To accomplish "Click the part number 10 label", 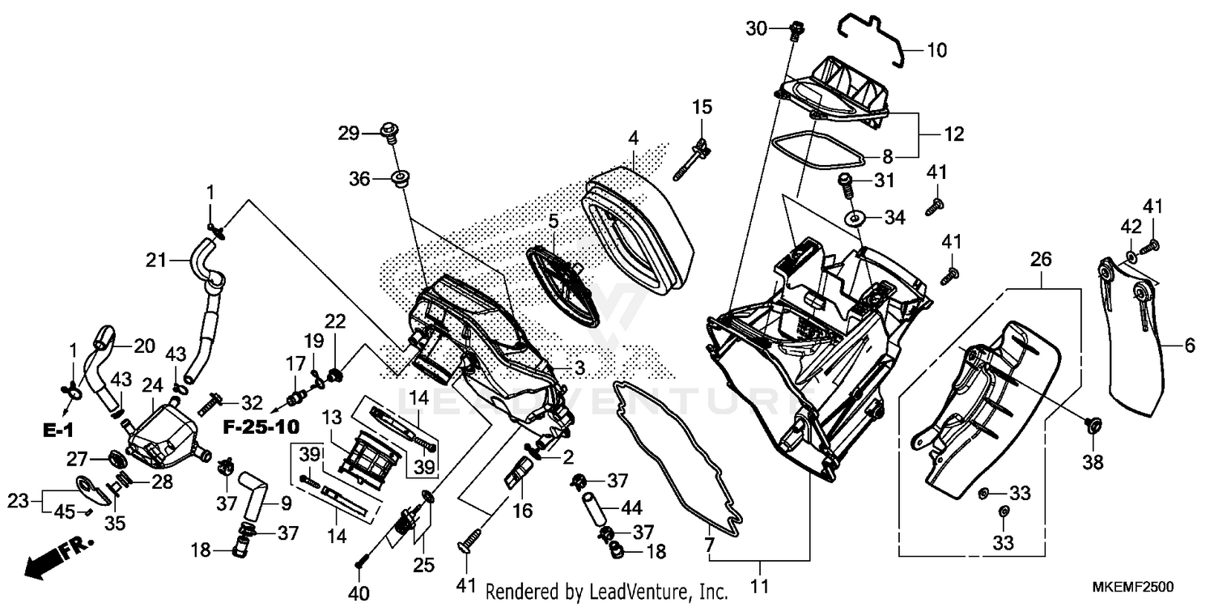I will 936,50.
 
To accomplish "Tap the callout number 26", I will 1041,259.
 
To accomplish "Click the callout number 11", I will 759,585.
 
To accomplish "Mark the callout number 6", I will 1189,346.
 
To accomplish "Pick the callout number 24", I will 153,386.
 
